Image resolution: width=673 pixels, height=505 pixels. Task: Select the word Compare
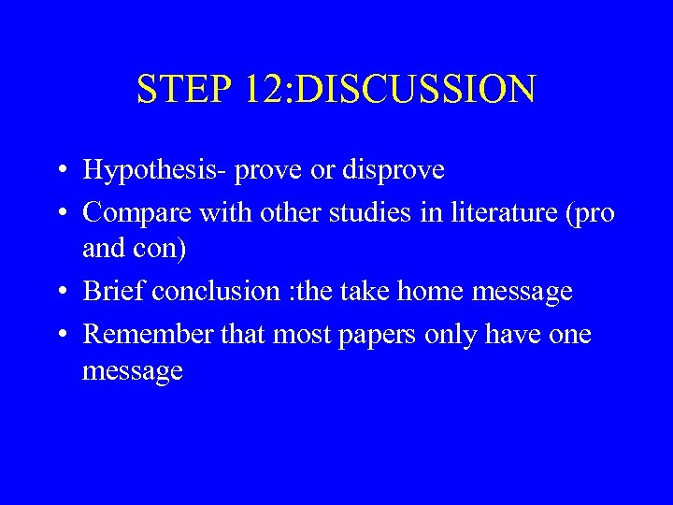[x=132, y=213]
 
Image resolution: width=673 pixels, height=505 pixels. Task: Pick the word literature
[x=485, y=213]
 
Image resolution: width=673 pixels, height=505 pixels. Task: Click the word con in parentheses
[x=163, y=250]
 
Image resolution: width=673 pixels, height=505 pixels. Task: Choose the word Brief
[x=114, y=292]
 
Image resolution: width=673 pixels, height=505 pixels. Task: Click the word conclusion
[x=214, y=292]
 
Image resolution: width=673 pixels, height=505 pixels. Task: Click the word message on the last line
[x=133, y=372]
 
